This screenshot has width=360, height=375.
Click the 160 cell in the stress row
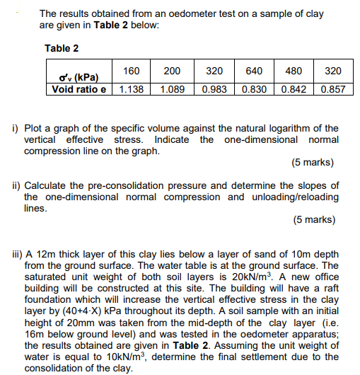131,71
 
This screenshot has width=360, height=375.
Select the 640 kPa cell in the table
254,71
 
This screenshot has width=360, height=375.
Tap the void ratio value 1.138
132,90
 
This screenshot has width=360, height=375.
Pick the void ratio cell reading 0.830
255,90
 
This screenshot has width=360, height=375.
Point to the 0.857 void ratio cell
332,90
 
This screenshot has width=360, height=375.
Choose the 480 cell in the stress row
293,71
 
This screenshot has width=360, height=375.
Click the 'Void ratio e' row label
78,90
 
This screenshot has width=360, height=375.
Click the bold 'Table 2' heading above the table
62,48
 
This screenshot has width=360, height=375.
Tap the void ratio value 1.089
172,90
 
